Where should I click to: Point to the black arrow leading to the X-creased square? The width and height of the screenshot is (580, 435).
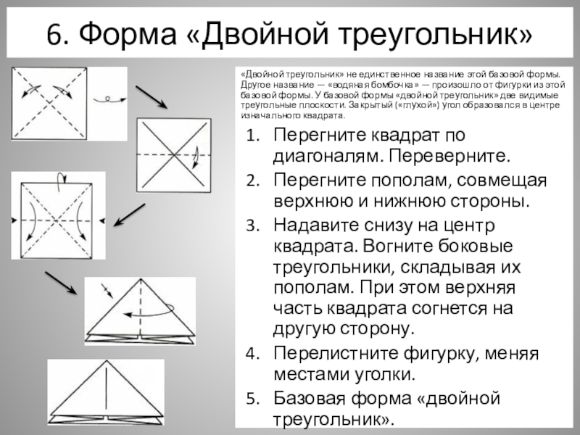click(x=152, y=96)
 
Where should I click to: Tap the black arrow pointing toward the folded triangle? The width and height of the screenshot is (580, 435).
click(x=61, y=282)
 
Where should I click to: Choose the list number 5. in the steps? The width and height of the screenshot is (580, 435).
click(x=251, y=398)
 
